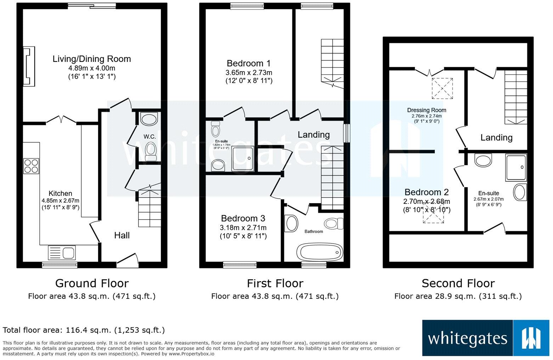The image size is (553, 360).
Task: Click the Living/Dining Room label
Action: coord(92,59)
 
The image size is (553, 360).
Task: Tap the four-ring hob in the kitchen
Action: coord(31,166)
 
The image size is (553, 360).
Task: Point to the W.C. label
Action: coord(149,137)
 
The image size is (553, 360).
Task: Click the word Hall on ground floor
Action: coord(122,235)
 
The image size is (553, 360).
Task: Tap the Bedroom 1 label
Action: coord(249,63)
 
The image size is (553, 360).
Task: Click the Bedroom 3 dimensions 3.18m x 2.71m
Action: coord(243,228)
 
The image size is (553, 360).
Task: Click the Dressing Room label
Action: coord(427,110)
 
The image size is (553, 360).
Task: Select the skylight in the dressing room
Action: coord(442,88)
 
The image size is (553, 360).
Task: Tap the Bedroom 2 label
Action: coord(427,192)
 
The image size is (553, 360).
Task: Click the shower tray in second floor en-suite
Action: coord(516,167)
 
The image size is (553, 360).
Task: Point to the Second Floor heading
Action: coord(458,283)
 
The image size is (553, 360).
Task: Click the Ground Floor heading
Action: coord(92,283)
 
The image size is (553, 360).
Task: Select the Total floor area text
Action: coord(84,330)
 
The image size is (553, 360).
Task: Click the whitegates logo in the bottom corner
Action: coord(485,338)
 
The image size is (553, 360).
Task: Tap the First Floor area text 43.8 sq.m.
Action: coord(275,296)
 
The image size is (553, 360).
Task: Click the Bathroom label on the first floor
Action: coord(314,232)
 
